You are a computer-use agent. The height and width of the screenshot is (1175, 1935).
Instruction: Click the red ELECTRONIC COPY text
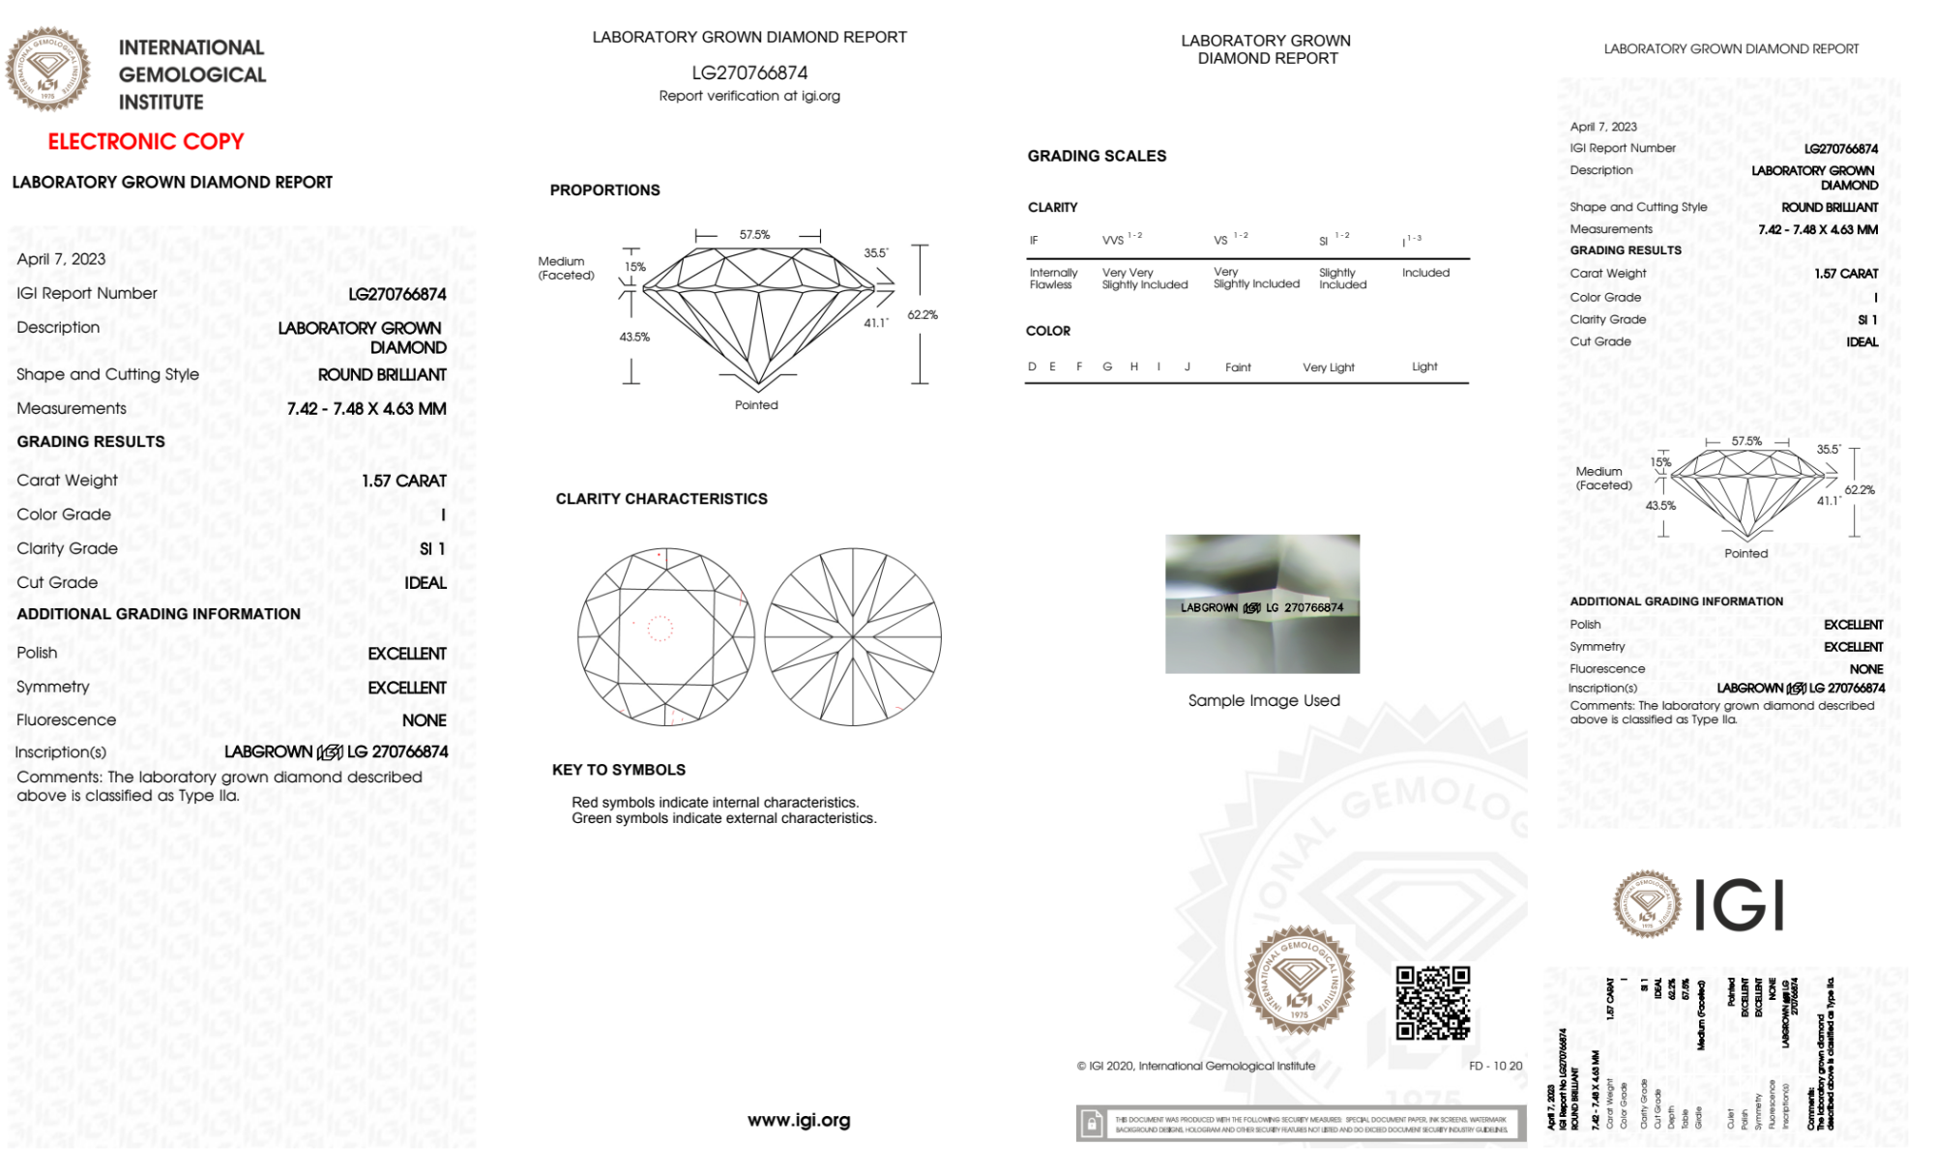pos(146,141)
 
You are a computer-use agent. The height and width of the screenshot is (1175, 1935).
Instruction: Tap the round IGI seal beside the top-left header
pos(47,70)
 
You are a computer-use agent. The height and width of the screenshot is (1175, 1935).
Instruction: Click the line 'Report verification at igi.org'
pos(749,96)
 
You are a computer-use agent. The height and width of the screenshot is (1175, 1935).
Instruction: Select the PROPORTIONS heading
pos(605,190)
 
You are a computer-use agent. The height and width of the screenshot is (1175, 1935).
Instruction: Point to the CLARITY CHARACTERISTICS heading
pos(661,499)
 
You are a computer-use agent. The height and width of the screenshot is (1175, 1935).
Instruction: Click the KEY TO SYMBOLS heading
pos(619,770)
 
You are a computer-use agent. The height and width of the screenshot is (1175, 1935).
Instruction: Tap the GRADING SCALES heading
pos(1097,156)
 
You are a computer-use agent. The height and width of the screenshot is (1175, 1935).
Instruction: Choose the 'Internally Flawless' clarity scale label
pos(1053,279)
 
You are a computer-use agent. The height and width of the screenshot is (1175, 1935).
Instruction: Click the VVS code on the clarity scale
pos(1113,240)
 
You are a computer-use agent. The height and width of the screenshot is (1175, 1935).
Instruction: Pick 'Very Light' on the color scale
pos(1328,367)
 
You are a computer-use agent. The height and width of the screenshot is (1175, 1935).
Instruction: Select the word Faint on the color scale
pos(1238,367)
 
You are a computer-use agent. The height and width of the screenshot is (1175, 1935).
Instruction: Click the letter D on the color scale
pos(1032,367)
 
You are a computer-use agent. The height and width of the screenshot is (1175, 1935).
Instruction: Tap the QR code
pos(1433,1003)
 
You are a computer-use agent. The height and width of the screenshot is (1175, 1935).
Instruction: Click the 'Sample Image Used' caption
pos(1264,700)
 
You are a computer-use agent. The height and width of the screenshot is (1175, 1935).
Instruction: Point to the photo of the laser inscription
pos(1262,603)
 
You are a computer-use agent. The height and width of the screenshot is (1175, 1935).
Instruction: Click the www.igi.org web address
pos(799,1120)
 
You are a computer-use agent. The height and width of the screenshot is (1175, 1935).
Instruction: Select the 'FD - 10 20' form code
pos(1495,1066)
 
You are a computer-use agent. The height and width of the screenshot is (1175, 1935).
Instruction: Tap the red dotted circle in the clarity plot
pos(660,629)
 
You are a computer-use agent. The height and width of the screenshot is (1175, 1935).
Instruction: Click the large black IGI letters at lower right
pos(1740,906)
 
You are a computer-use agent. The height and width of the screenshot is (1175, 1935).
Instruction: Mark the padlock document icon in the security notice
pos(1092,1124)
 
